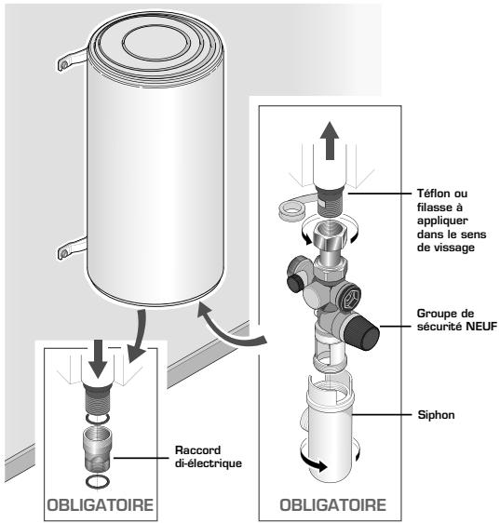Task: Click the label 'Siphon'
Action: click(x=436, y=415)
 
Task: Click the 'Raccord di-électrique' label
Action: click(x=209, y=457)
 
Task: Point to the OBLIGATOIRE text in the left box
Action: click(x=101, y=505)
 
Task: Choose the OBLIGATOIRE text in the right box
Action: click(x=332, y=505)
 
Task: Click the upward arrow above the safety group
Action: click(x=330, y=141)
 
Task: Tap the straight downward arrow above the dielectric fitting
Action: click(x=98, y=359)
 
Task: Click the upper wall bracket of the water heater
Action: click(x=72, y=60)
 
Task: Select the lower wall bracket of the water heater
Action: click(x=72, y=248)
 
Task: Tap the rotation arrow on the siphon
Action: click(x=313, y=463)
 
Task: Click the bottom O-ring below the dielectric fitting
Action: click(x=98, y=482)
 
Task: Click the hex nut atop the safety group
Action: click(x=331, y=235)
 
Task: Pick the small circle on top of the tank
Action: click(x=156, y=45)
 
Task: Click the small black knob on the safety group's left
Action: click(x=294, y=284)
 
